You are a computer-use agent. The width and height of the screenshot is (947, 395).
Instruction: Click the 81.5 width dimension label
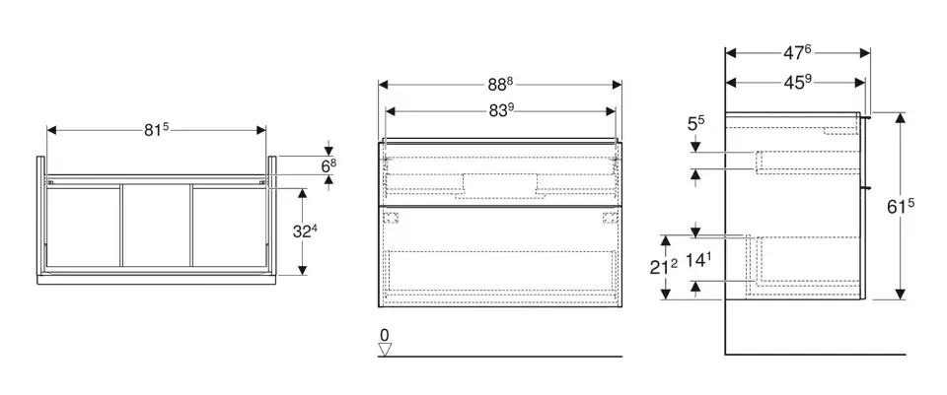click(156, 129)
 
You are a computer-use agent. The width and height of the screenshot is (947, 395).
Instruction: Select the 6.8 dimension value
click(328, 166)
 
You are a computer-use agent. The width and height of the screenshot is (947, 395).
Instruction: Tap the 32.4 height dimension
click(306, 230)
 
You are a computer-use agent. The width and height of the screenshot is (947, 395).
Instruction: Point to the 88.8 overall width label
click(500, 85)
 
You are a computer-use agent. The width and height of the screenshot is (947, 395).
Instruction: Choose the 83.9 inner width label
click(501, 111)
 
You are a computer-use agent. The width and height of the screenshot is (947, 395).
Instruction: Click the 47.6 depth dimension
click(797, 53)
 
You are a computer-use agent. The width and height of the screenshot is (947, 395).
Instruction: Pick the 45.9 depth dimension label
click(798, 82)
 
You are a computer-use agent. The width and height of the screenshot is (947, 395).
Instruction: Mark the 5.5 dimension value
click(696, 124)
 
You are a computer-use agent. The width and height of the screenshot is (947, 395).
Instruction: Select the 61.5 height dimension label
click(901, 206)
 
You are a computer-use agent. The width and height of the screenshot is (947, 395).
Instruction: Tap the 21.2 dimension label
click(663, 267)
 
